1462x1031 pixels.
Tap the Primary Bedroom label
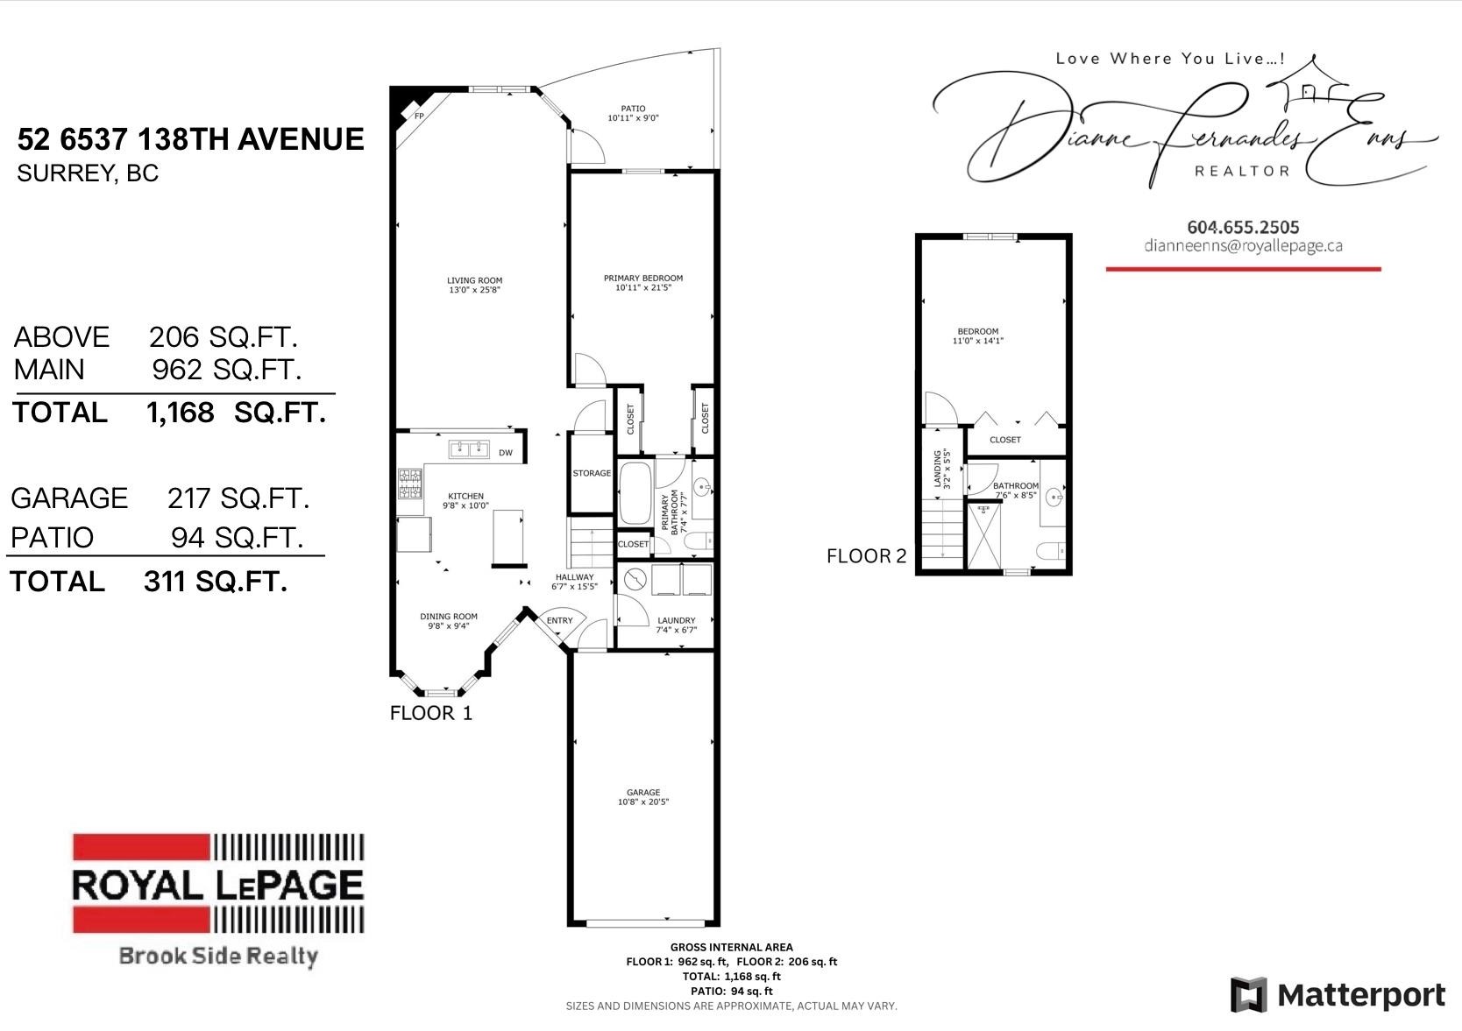642,279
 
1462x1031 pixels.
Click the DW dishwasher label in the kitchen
506,453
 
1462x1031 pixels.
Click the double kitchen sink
470,449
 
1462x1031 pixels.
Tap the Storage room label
592,473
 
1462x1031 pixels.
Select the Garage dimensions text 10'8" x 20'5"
643,802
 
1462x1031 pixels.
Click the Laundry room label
676,620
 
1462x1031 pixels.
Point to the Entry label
559,620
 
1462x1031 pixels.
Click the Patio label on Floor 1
633,109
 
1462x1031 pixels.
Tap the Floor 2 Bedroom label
977,331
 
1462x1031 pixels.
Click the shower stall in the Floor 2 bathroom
983,535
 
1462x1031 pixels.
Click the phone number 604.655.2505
1243,227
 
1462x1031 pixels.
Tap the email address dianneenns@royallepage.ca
1243,246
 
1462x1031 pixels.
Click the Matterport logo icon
1248,995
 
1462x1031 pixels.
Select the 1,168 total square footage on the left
181,413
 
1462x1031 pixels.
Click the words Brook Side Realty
217,956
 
